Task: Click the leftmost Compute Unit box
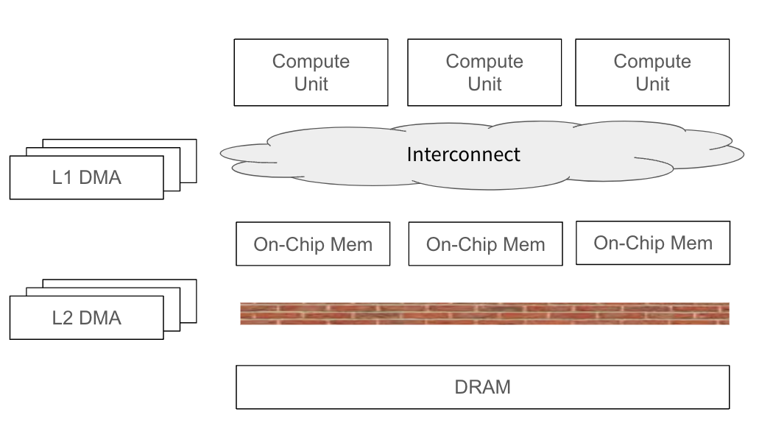[x=311, y=72]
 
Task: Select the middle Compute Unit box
[x=484, y=72]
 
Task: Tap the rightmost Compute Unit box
[x=652, y=72]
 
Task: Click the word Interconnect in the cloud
[x=464, y=154]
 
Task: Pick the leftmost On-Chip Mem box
[x=313, y=244]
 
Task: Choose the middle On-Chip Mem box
[x=485, y=244]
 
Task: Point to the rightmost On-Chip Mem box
[x=653, y=243]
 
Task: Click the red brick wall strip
[x=484, y=313]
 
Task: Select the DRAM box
[x=482, y=387]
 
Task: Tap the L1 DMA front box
[x=86, y=177]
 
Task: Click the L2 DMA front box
[x=86, y=318]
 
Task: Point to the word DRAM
[x=482, y=387]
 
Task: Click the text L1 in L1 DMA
[x=62, y=177]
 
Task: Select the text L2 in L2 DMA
[x=62, y=318]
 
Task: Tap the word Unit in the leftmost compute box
[x=311, y=84]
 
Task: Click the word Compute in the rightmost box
[x=652, y=61]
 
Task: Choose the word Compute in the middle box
[x=484, y=61]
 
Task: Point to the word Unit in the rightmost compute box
[x=652, y=84]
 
